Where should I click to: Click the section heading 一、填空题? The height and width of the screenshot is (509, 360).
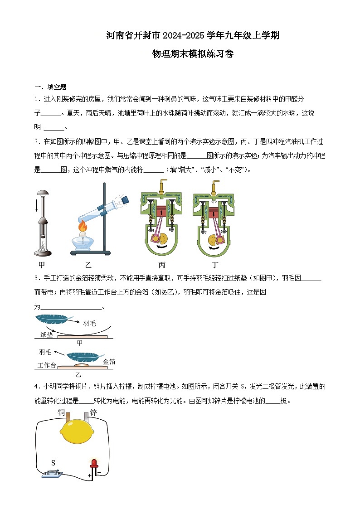click(51, 87)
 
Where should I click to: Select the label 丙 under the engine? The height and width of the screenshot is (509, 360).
click(162, 265)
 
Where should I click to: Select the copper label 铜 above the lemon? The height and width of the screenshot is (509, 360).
click(62, 412)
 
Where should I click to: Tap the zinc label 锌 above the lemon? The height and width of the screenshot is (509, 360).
click(94, 412)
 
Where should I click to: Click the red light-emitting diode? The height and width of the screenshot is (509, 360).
click(94, 463)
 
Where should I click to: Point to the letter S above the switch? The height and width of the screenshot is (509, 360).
click(53, 463)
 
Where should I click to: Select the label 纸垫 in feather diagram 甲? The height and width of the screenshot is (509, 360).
click(47, 335)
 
